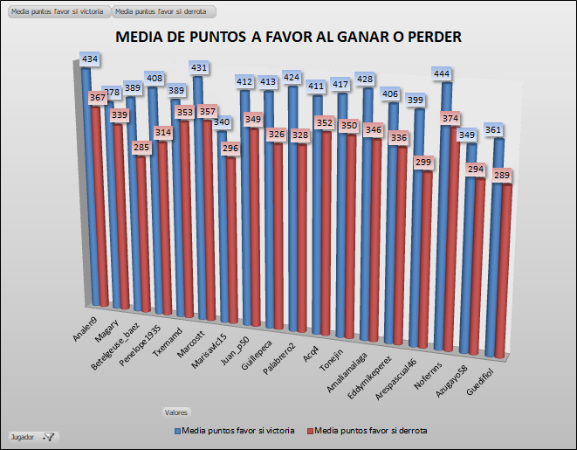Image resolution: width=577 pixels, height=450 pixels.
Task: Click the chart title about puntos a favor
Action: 288,38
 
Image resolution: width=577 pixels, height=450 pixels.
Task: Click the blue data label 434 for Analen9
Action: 90,59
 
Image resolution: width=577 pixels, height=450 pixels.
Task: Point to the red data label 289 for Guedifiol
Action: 500,176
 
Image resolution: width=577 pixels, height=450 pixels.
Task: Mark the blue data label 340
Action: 223,122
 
